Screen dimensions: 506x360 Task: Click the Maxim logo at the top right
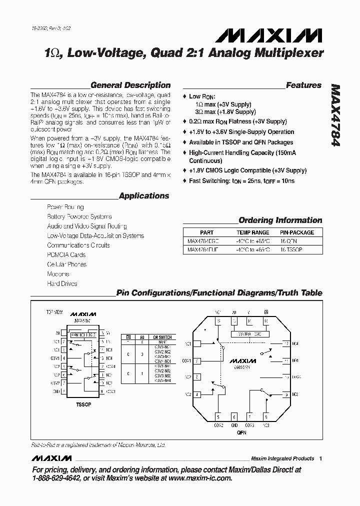269,34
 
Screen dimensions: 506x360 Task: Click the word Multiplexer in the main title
292,52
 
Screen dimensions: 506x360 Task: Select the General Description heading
130,85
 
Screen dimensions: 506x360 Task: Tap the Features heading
303,85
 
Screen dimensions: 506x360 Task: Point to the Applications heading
144,196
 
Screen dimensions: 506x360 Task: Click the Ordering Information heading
280,220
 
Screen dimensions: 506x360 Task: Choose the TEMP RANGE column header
252,232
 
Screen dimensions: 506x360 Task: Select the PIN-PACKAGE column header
297,232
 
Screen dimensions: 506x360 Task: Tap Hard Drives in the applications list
62,283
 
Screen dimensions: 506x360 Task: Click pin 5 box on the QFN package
218,416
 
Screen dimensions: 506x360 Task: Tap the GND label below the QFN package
233,425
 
